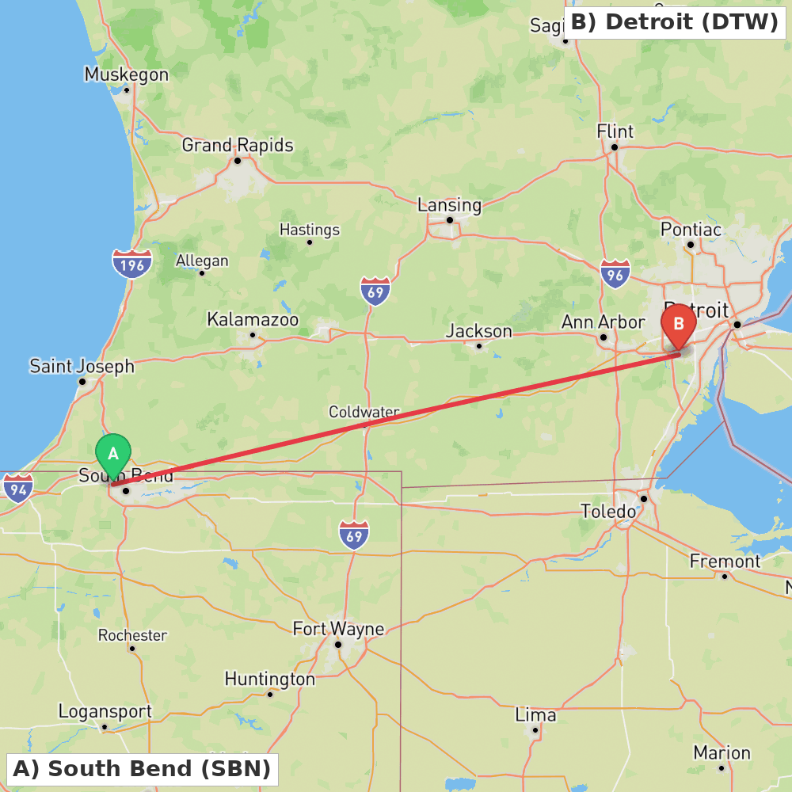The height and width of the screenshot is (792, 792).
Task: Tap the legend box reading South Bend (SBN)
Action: point(142,768)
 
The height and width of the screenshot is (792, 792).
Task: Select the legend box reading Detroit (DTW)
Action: point(675,22)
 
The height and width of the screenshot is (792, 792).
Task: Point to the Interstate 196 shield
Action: point(131,264)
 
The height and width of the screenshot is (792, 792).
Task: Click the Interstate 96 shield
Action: point(615,273)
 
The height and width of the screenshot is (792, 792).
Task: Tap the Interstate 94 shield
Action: point(17,488)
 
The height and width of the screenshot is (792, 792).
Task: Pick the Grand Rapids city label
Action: point(238,146)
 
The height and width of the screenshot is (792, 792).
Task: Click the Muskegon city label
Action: point(127,75)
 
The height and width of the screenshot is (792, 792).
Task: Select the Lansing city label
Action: point(449,205)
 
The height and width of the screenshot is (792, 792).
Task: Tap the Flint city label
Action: point(615,131)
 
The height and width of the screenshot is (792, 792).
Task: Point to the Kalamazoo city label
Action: point(253,320)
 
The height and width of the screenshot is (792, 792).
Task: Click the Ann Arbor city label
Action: point(603,322)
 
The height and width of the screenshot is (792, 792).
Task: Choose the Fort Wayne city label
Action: point(338,630)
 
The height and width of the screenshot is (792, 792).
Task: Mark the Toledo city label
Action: point(608,512)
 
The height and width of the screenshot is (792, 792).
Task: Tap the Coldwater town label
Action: point(364,413)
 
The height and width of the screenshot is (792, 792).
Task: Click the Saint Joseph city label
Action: point(82,367)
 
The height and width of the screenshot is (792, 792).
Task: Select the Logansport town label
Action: point(105,711)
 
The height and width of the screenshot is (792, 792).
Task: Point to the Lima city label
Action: point(535,715)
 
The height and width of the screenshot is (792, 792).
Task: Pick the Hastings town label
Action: point(310,230)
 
